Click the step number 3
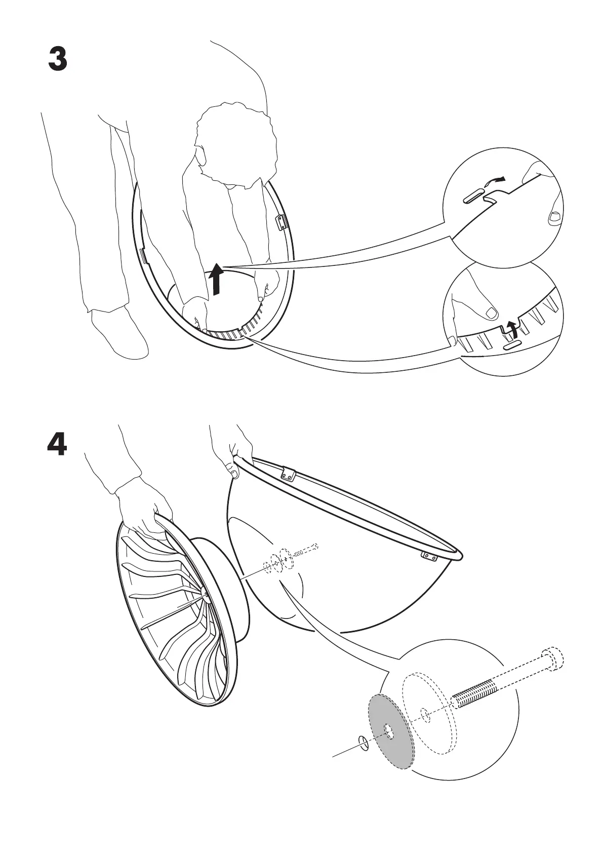pyautogui.click(x=57, y=60)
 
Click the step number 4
pyautogui.click(x=57, y=445)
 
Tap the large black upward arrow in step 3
pyautogui.click(x=217, y=279)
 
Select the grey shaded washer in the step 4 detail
pyautogui.click(x=390, y=730)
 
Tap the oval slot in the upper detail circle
pyautogui.click(x=474, y=198)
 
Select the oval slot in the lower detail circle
pyautogui.click(x=512, y=344)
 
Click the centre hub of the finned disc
pyautogui.click(x=203, y=591)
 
